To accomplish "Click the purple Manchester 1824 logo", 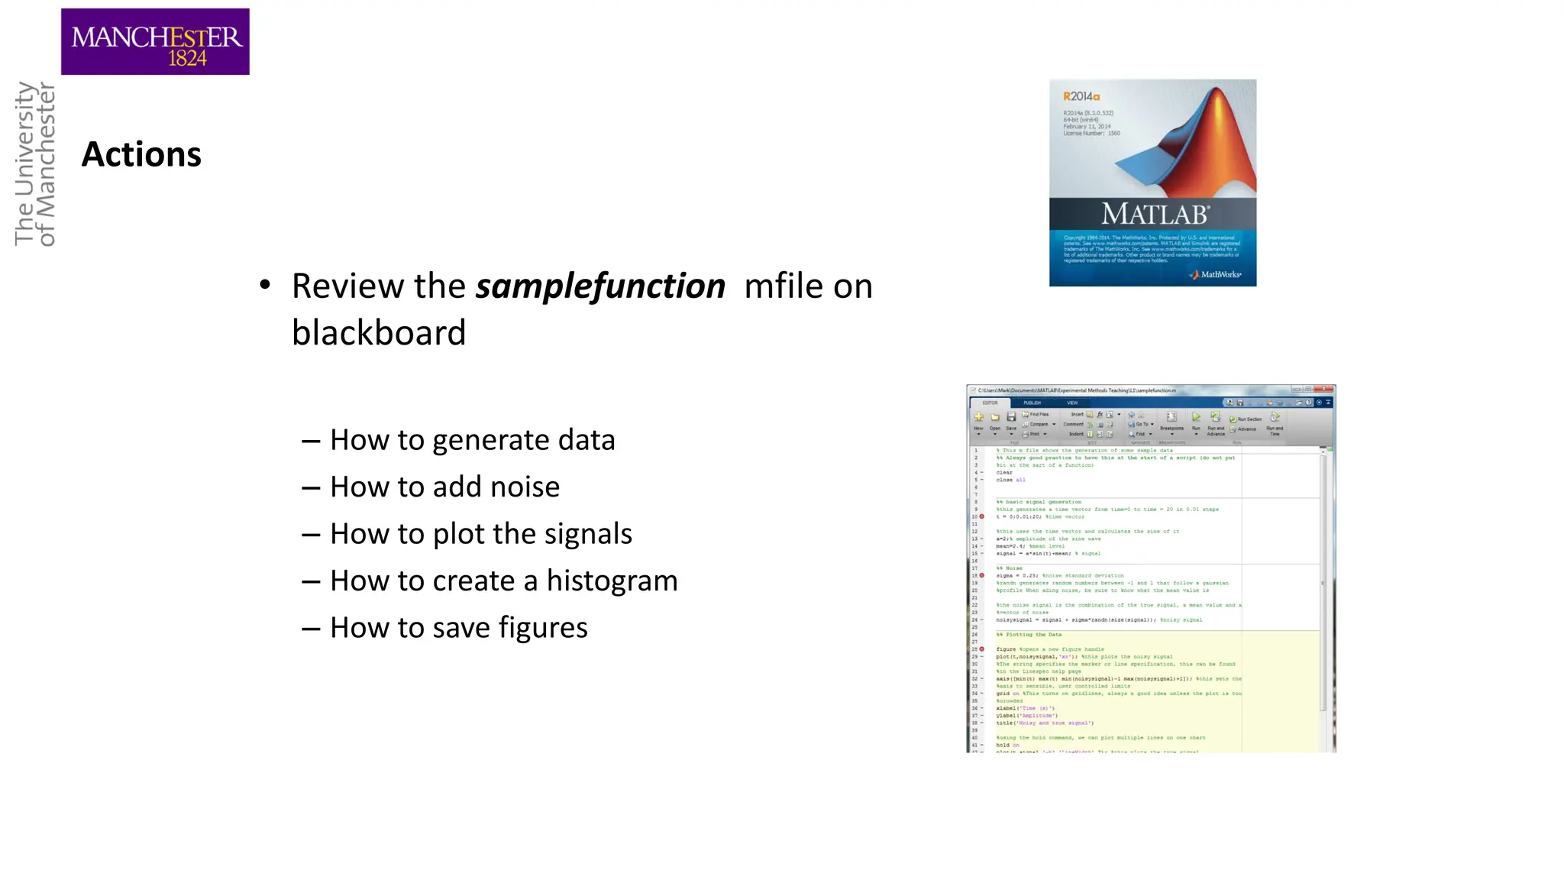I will [155, 41].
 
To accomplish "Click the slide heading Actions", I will [141, 154].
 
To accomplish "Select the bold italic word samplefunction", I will [600, 286].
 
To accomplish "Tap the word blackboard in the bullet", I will [379, 333].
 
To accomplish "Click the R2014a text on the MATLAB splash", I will [1081, 96].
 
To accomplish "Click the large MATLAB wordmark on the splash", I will [1154, 214].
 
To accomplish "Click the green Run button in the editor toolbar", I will [1196, 418].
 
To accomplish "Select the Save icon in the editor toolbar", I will [1011, 419].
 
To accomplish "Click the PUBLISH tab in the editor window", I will [1032, 403].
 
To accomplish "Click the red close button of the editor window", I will [1326, 390].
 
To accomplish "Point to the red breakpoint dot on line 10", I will [982, 516].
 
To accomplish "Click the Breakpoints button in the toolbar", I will [1171, 420].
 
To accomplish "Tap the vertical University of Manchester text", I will [35, 163].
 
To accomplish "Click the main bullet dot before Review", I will [265, 286].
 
